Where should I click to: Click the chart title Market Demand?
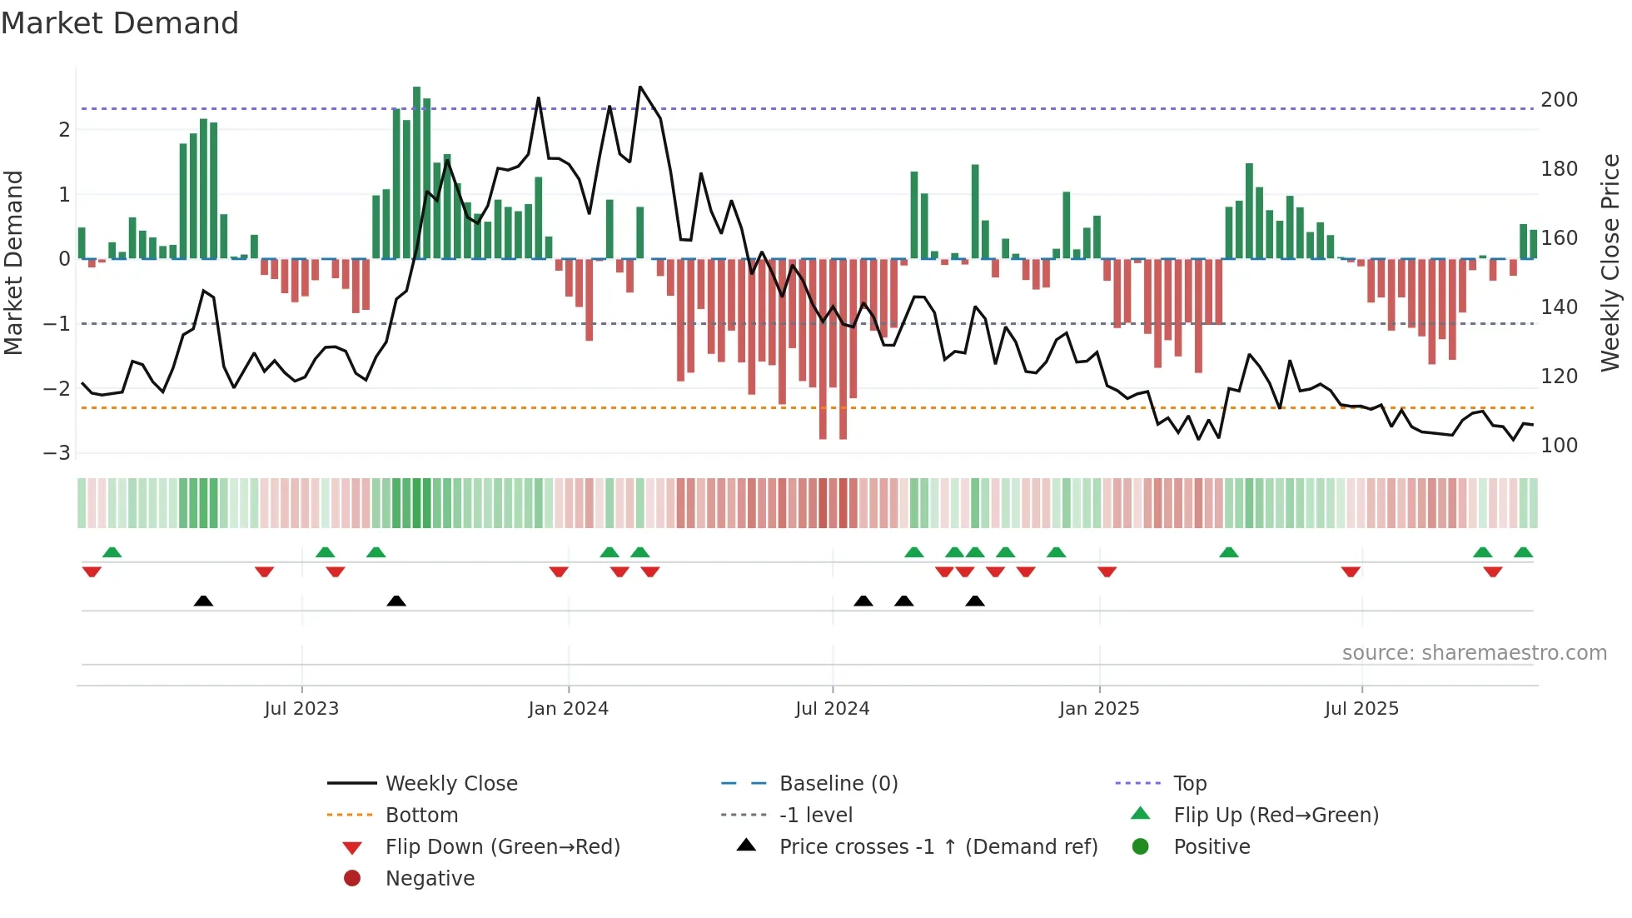pyautogui.click(x=120, y=22)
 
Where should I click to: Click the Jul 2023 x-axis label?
pyautogui.click(x=301, y=709)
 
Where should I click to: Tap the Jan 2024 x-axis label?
pyautogui.click(x=569, y=709)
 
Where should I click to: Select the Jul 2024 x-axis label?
pyautogui.click(x=832, y=709)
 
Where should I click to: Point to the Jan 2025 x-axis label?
pyautogui.click(x=1099, y=709)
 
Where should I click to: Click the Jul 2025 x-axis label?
pyautogui.click(x=1361, y=709)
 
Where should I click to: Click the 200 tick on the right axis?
pyautogui.click(x=1559, y=100)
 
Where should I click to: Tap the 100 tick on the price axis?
pyautogui.click(x=1559, y=446)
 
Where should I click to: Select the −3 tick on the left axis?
pyautogui.click(x=57, y=453)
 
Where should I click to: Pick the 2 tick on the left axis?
pyautogui.click(x=64, y=130)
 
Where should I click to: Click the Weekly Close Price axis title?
pyautogui.click(x=1610, y=262)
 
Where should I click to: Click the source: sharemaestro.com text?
pyautogui.click(x=1474, y=653)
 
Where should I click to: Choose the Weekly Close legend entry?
pyautogui.click(x=450, y=784)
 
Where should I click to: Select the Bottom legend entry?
pyautogui.click(x=421, y=816)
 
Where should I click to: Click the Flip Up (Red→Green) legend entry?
pyautogui.click(x=1276, y=816)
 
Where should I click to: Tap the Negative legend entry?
pyautogui.click(x=430, y=879)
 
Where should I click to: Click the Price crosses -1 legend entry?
pyautogui.click(x=938, y=847)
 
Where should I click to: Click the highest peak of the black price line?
pyautogui.click(x=639, y=87)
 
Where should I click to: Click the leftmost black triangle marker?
pyautogui.click(x=203, y=601)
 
